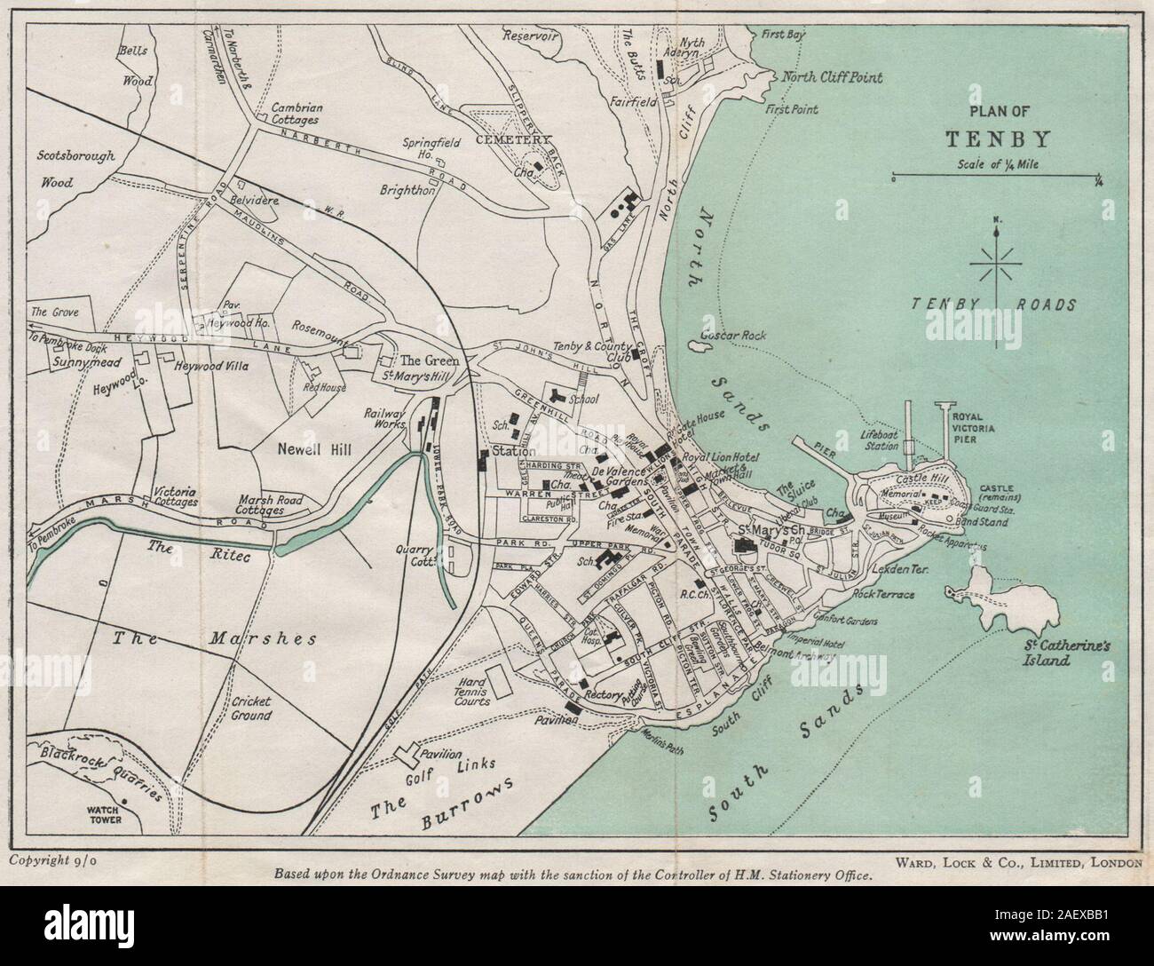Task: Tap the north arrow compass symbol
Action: tap(998, 264)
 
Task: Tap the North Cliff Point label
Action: tap(832, 77)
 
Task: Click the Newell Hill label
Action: tap(314, 449)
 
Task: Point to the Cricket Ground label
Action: tap(251, 708)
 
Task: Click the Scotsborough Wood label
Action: tap(75, 170)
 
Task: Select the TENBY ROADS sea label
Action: tap(993, 305)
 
